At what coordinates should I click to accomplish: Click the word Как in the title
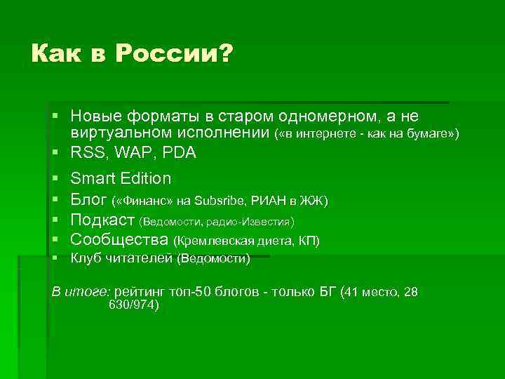(54, 53)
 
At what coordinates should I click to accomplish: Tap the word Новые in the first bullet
(95, 116)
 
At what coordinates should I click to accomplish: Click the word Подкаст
(103, 220)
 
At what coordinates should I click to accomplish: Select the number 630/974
(133, 305)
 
